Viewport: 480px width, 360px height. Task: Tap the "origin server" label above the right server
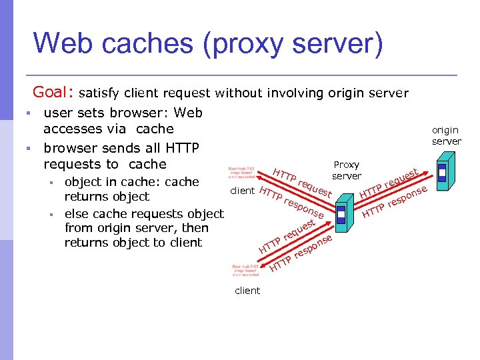446,135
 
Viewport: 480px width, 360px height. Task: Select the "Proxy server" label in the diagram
347,170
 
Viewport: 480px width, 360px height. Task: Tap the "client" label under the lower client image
247,291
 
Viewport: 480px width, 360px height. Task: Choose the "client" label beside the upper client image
242,191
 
